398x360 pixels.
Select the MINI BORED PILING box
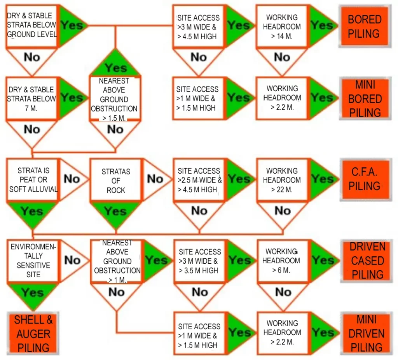pos(364,99)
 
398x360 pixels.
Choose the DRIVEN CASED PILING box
pos(367,261)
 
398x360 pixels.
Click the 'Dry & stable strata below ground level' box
pos(31,25)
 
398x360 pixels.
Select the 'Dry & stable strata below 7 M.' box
pos(31,99)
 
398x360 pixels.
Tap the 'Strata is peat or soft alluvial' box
pos(33,180)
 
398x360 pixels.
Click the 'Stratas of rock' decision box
pos(115,181)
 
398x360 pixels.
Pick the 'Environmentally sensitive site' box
pos(33,261)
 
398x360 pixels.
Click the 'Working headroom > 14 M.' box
pos(282,26)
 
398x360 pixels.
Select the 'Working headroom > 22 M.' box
pos(282,180)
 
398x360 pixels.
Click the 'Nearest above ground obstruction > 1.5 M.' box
pos(114,99)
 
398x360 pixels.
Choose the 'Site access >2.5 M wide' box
pos(199,180)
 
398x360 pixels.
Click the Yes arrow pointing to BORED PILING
pos(321,26)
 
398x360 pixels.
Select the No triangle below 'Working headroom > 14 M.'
pos(282,58)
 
